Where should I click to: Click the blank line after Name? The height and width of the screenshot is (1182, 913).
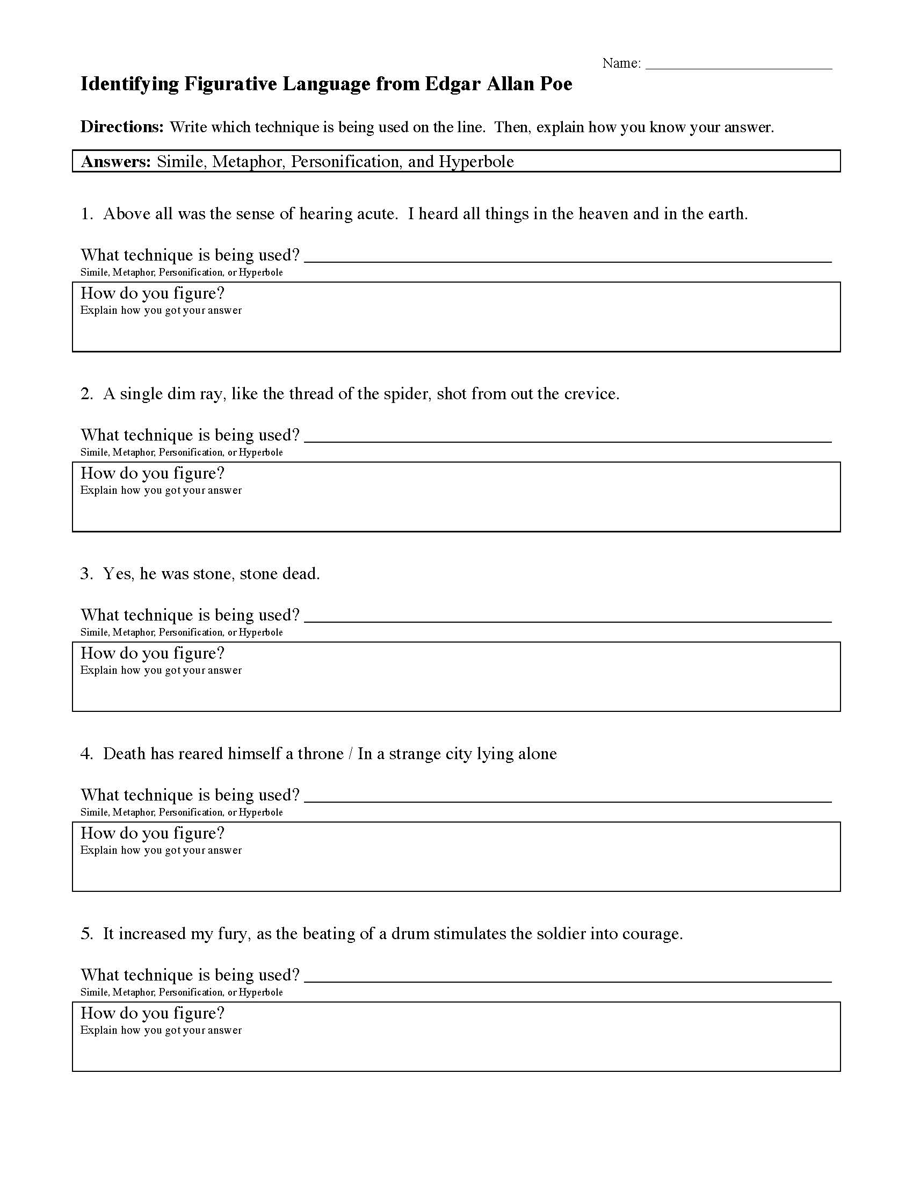click(738, 65)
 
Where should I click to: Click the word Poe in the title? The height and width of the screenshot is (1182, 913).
click(556, 84)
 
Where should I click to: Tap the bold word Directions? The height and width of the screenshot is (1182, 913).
click(122, 127)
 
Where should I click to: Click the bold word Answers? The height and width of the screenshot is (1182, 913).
click(116, 162)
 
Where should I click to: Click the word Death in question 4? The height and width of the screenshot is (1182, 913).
click(125, 754)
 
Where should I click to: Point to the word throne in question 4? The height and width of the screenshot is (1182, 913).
click(321, 754)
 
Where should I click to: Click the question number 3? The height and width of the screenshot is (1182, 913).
click(86, 574)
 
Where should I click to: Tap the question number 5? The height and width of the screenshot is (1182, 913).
click(86, 934)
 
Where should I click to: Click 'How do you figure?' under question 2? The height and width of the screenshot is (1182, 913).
click(152, 473)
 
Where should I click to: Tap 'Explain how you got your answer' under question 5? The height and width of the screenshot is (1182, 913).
click(161, 1030)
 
